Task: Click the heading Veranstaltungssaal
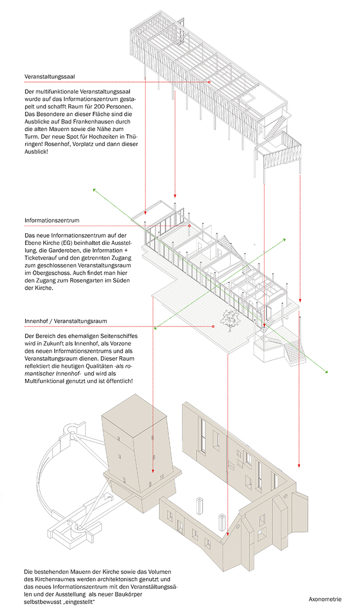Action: pyautogui.click(x=50, y=77)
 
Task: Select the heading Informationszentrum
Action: pyautogui.click(x=52, y=221)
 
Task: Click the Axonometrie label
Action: pyautogui.click(x=325, y=599)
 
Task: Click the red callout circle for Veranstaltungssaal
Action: pyautogui.click(x=209, y=82)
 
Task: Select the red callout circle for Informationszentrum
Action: pyautogui.click(x=189, y=225)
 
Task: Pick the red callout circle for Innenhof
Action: pyautogui.click(x=213, y=326)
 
